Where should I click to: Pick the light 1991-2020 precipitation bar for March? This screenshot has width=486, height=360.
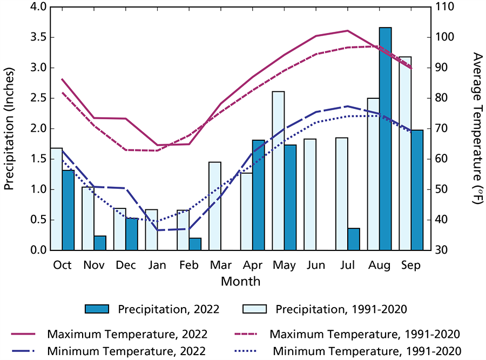point(215,206)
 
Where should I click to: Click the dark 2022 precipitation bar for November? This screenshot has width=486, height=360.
point(100,243)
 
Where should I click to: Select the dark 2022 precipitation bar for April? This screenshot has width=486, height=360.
point(258,195)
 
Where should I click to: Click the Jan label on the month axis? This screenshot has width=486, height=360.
point(158,266)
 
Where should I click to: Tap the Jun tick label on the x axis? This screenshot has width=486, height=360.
point(316,266)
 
